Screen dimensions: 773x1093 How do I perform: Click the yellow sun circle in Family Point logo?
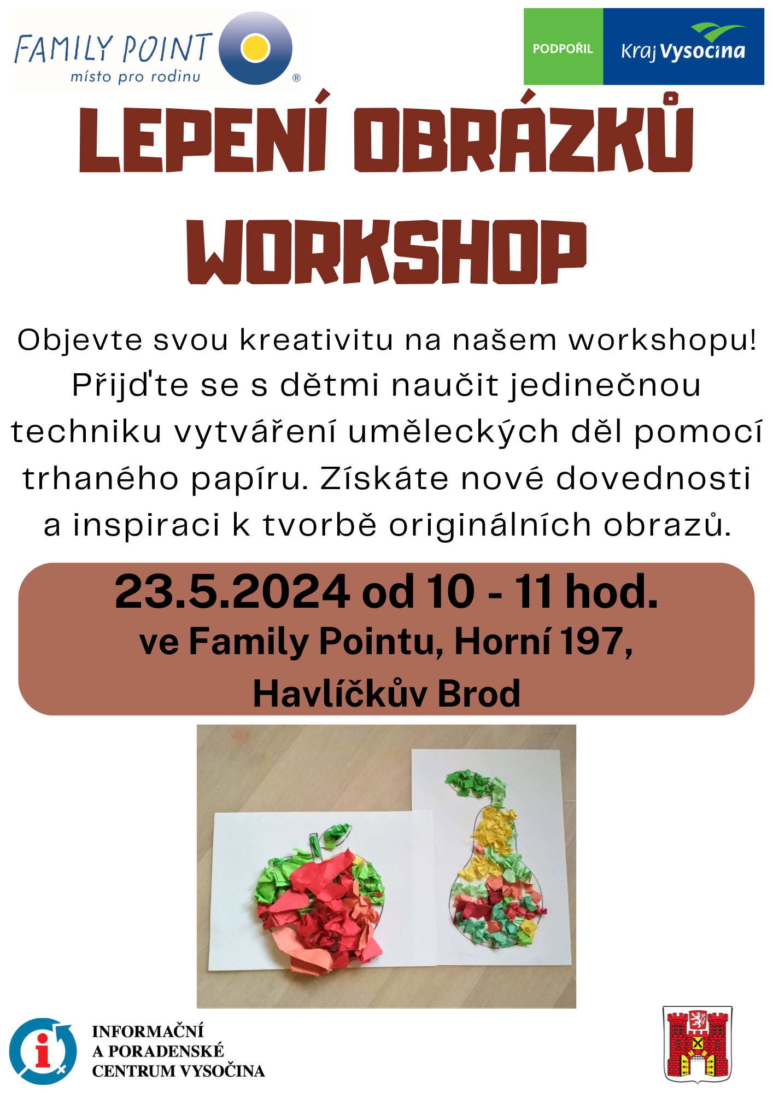[x=255, y=47]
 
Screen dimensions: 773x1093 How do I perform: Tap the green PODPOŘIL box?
[x=563, y=46]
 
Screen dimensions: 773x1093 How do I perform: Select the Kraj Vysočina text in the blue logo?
[x=683, y=51]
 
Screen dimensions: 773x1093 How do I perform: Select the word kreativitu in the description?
[x=317, y=339]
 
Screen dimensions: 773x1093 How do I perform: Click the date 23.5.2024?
[x=232, y=591]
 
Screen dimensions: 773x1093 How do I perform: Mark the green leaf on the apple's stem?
[x=335, y=835]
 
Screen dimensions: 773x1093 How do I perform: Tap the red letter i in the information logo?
[x=43, y=1050]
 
